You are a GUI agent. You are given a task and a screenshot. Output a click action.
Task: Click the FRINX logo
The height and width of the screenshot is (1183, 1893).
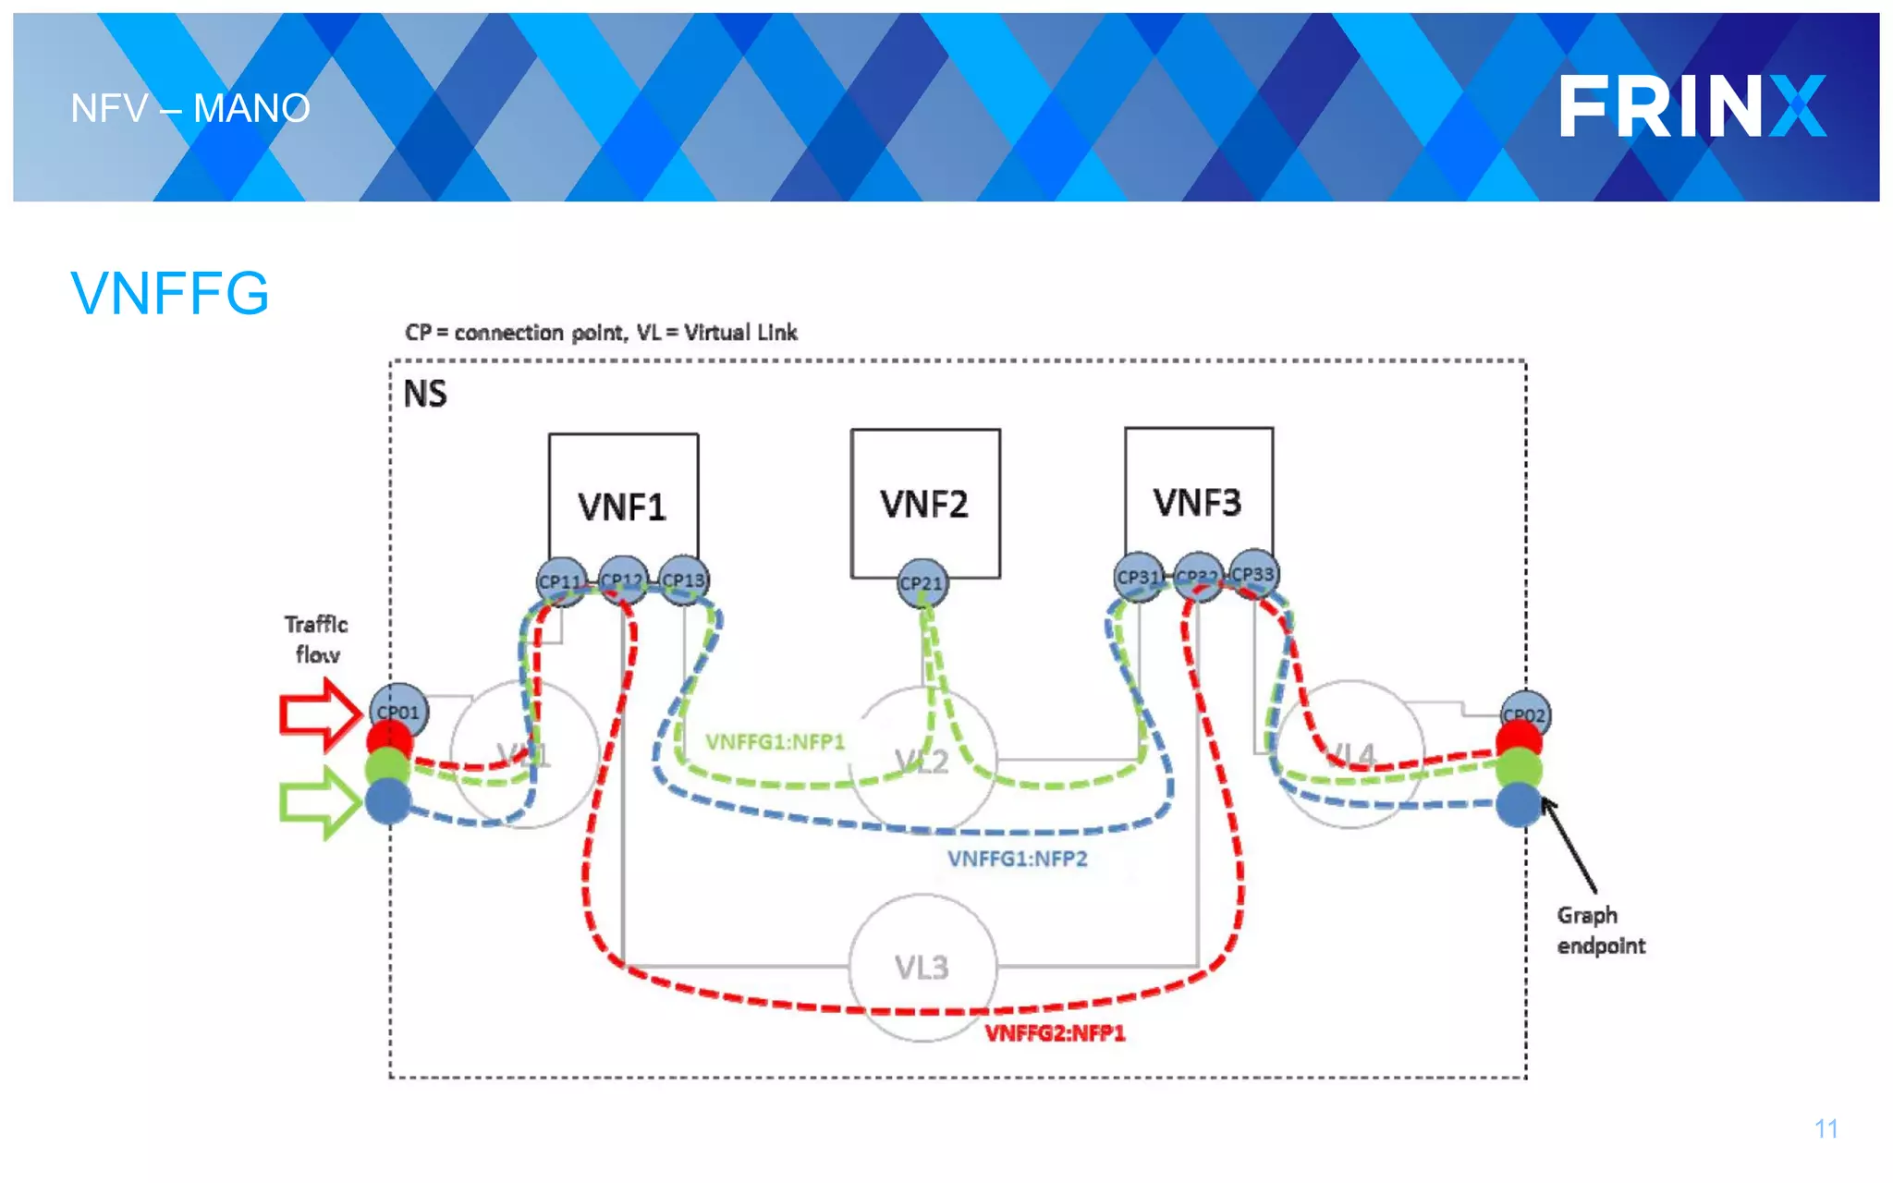1691,107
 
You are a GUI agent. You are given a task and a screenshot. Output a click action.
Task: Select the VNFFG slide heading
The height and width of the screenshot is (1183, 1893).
170,294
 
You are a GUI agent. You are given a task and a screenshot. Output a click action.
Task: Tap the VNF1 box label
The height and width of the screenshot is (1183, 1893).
622,507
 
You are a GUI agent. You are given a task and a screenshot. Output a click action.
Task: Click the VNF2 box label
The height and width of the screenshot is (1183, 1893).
924,505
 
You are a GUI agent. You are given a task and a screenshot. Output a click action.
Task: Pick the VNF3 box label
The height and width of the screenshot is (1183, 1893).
1198,503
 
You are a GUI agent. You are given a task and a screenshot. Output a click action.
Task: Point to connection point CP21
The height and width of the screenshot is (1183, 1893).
922,583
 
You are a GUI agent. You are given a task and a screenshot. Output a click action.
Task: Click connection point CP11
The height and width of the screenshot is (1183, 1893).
560,581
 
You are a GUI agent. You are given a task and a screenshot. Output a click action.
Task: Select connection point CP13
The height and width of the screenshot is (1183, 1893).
683,579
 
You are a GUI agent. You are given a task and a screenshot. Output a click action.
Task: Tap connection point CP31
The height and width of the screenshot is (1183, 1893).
1138,577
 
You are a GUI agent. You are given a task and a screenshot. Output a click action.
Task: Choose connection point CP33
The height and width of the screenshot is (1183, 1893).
1253,574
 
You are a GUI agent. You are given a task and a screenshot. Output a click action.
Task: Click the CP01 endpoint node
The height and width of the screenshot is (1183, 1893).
398,712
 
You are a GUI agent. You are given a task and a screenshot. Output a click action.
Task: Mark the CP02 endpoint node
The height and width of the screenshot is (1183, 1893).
1524,714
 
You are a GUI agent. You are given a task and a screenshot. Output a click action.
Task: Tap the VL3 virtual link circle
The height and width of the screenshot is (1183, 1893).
922,967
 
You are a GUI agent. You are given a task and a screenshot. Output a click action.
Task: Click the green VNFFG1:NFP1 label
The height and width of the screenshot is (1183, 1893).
775,742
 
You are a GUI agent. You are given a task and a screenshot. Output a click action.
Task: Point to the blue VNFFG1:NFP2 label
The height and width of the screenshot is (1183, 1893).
1017,859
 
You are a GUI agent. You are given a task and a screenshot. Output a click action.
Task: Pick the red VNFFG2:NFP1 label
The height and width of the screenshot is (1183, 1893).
1055,1033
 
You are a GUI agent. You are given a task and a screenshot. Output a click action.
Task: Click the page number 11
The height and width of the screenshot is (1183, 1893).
1826,1128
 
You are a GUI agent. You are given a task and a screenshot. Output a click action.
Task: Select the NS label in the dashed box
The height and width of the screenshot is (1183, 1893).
425,395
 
